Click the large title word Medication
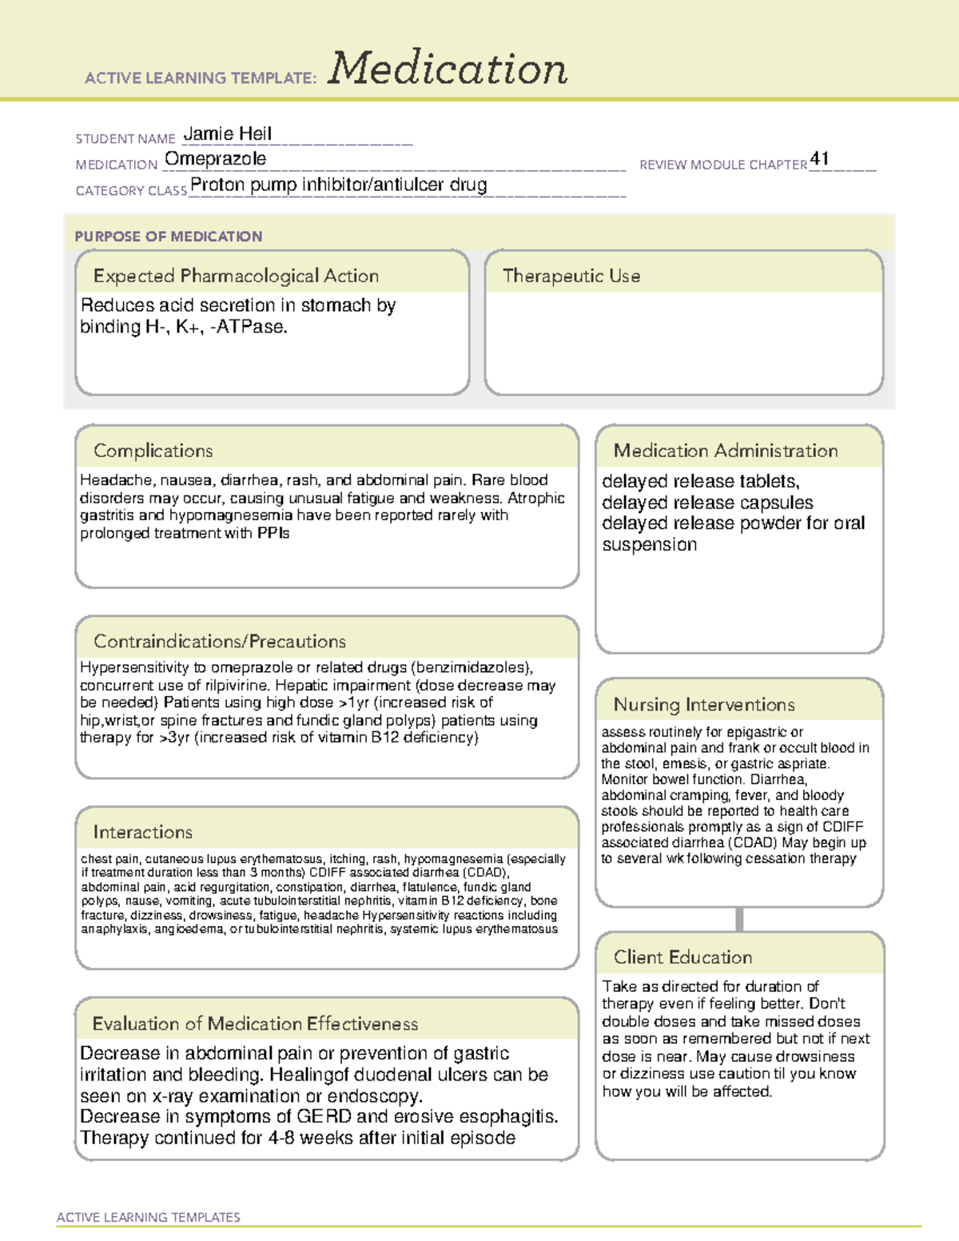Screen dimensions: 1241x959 coord(448,69)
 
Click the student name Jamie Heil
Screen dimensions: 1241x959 coord(228,133)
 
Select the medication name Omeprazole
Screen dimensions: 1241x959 coord(215,159)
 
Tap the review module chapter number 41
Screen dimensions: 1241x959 coord(819,158)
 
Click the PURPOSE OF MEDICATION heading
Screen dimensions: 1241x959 coord(168,237)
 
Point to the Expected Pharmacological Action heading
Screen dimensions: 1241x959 coord(236,276)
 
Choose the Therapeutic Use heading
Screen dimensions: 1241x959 coord(571,276)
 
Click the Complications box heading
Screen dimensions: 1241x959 coord(153,451)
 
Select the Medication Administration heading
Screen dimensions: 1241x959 coord(725,451)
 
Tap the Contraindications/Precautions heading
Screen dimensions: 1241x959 coord(219,641)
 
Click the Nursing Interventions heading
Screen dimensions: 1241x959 coord(703,705)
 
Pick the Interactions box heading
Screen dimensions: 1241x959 coord(142,832)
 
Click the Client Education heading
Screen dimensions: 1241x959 coord(682,957)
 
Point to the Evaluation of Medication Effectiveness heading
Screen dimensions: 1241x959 coord(255,1024)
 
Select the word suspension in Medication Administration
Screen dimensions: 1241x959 coord(649,545)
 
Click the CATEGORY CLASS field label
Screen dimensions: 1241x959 coord(131,191)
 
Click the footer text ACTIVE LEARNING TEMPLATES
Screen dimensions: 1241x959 coord(148,1217)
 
